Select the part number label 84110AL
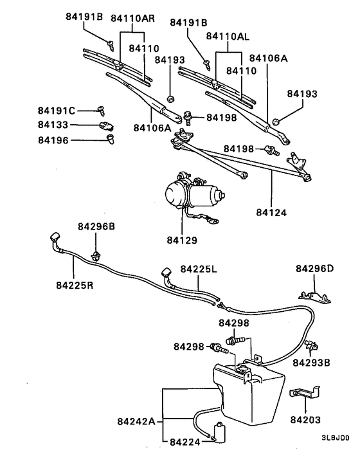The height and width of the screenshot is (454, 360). coord(227,38)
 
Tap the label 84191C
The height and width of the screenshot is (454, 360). coord(57,111)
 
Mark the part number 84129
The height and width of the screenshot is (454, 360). coord(182,241)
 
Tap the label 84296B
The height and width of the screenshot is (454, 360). coord(96,227)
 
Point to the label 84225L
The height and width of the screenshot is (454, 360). coord(199,268)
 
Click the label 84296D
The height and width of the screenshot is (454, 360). coord(314,268)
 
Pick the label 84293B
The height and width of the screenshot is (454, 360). coord(311,362)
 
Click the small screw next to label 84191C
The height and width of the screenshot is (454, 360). coord(100,111)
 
